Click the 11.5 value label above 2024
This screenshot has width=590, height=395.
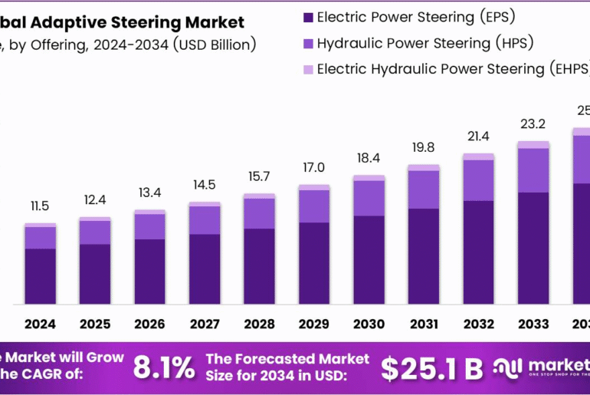40,206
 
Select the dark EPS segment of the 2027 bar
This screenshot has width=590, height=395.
205,268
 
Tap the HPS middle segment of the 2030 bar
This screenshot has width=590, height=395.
369,198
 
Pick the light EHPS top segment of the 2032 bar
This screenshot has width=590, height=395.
478,156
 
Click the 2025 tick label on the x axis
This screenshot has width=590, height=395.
95,324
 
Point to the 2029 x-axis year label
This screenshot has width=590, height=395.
314,324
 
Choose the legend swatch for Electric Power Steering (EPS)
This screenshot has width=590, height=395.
308,16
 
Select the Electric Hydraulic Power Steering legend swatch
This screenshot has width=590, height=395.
308,69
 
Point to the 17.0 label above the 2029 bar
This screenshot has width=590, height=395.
314,167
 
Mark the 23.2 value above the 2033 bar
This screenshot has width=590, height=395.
533,123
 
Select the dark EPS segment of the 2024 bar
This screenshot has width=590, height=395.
40,276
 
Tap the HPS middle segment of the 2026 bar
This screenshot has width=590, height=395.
149,226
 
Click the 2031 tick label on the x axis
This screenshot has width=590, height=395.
423,324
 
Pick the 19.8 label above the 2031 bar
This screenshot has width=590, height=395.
423,147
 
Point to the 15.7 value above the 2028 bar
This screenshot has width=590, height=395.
259,176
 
